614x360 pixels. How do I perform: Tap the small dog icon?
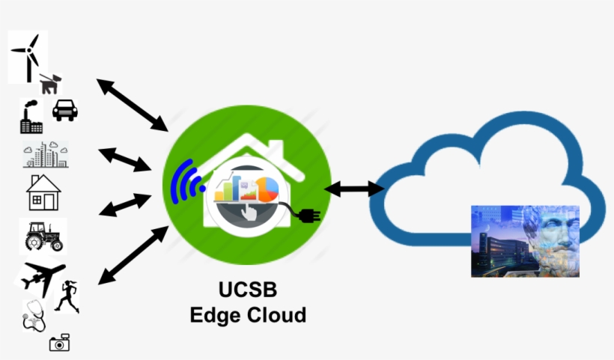click(49, 83)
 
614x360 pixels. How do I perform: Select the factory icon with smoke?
click(31, 118)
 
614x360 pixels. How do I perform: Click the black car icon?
click(65, 110)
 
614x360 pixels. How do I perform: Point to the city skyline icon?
click(46, 154)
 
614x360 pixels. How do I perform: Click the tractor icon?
click(43, 236)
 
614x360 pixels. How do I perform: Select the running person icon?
click(67, 296)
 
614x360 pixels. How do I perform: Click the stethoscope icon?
click(34, 316)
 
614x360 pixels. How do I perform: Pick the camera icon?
click(59, 342)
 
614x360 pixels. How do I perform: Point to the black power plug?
click(308, 216)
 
